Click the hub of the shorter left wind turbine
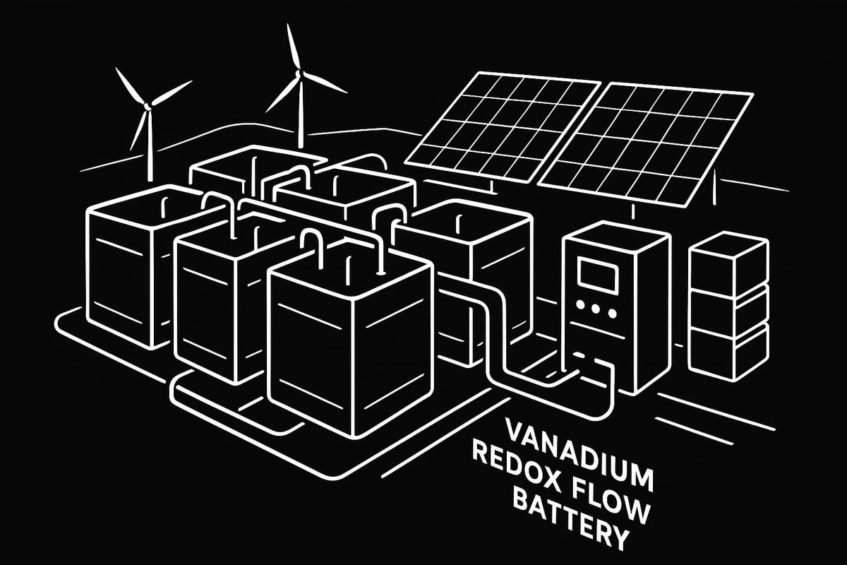(x=148, y=106)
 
